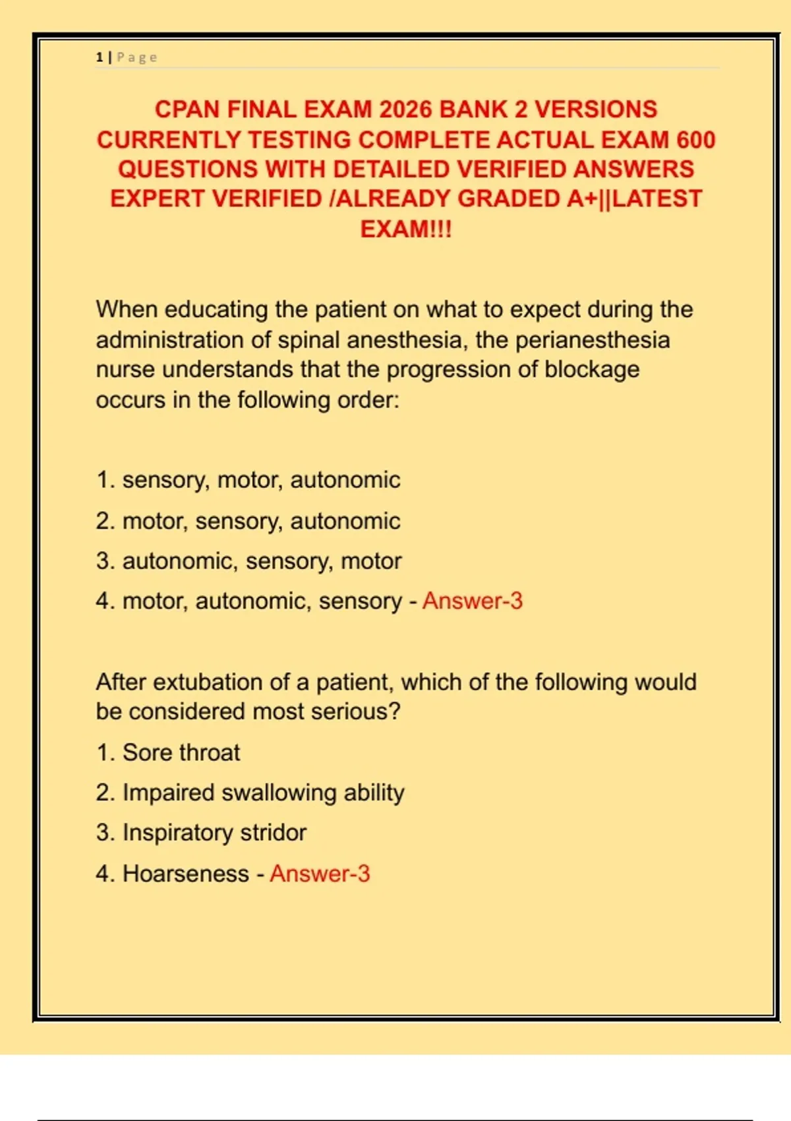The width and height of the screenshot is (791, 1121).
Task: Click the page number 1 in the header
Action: (x=100, y=57)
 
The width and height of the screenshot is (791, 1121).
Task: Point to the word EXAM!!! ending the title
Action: (x=405, y=229)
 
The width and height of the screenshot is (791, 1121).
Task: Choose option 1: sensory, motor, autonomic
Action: (x=248, y=480)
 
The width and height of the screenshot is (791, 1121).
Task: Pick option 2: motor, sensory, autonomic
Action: (x=248, y=521)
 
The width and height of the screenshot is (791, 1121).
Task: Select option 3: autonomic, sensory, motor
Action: (x=249, y=561)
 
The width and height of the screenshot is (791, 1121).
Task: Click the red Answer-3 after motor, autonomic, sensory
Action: (x=472, y=601)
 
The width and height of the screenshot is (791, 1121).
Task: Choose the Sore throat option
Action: (x=168, y=752)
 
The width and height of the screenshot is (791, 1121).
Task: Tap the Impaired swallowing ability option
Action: (x=250, y=793)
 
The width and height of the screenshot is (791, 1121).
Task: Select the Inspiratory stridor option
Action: (x=201, y=833)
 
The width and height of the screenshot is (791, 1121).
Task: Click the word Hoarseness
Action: (x=185, y=874)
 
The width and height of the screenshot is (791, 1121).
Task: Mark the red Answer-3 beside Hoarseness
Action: (x=320, y=874)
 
